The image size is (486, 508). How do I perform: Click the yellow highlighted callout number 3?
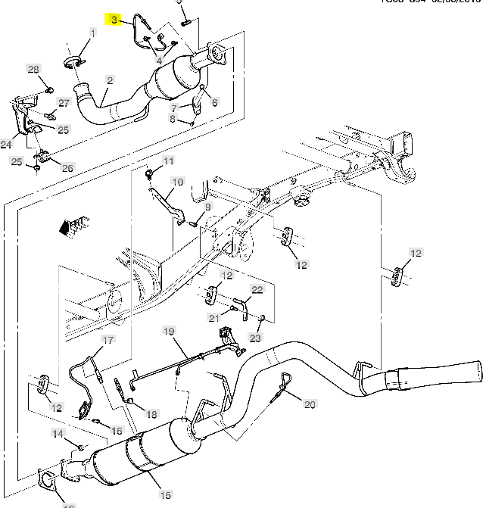(114, 20)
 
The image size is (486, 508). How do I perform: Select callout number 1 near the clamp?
(93, 33)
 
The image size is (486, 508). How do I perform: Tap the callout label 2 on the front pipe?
(110, 79)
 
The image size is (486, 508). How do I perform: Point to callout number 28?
(33, 70)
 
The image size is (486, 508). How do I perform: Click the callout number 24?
(6, 144)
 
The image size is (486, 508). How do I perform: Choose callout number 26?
(67, 167)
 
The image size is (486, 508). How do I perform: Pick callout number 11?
(168, 161)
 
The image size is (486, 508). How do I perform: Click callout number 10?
(177, 182)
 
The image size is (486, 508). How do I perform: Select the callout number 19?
(168, 331)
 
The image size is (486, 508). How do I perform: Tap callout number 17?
(108, 341)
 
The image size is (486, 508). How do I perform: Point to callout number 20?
(310, 404)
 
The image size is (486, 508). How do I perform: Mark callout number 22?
(257, 290)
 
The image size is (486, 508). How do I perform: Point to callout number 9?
(207, 206)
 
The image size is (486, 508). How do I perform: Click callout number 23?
(255, 338)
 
